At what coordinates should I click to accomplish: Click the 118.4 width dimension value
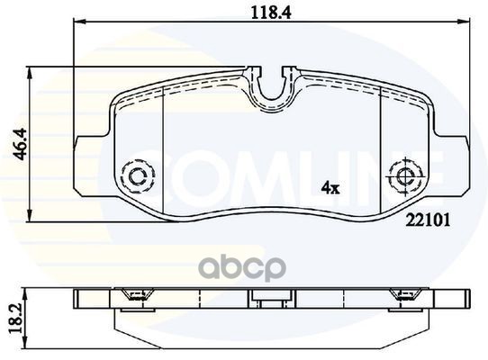pos(271,13)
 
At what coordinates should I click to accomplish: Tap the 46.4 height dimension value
pos(22,144)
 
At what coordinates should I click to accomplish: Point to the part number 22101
pos(429,220)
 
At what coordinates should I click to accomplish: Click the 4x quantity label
pos(330,187)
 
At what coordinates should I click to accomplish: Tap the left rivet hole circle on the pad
pos(137,177)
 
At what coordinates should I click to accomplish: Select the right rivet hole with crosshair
pos(406,177)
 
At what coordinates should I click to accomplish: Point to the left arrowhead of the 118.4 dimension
pos(78,22)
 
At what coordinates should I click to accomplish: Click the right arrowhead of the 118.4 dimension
pos(464,22)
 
